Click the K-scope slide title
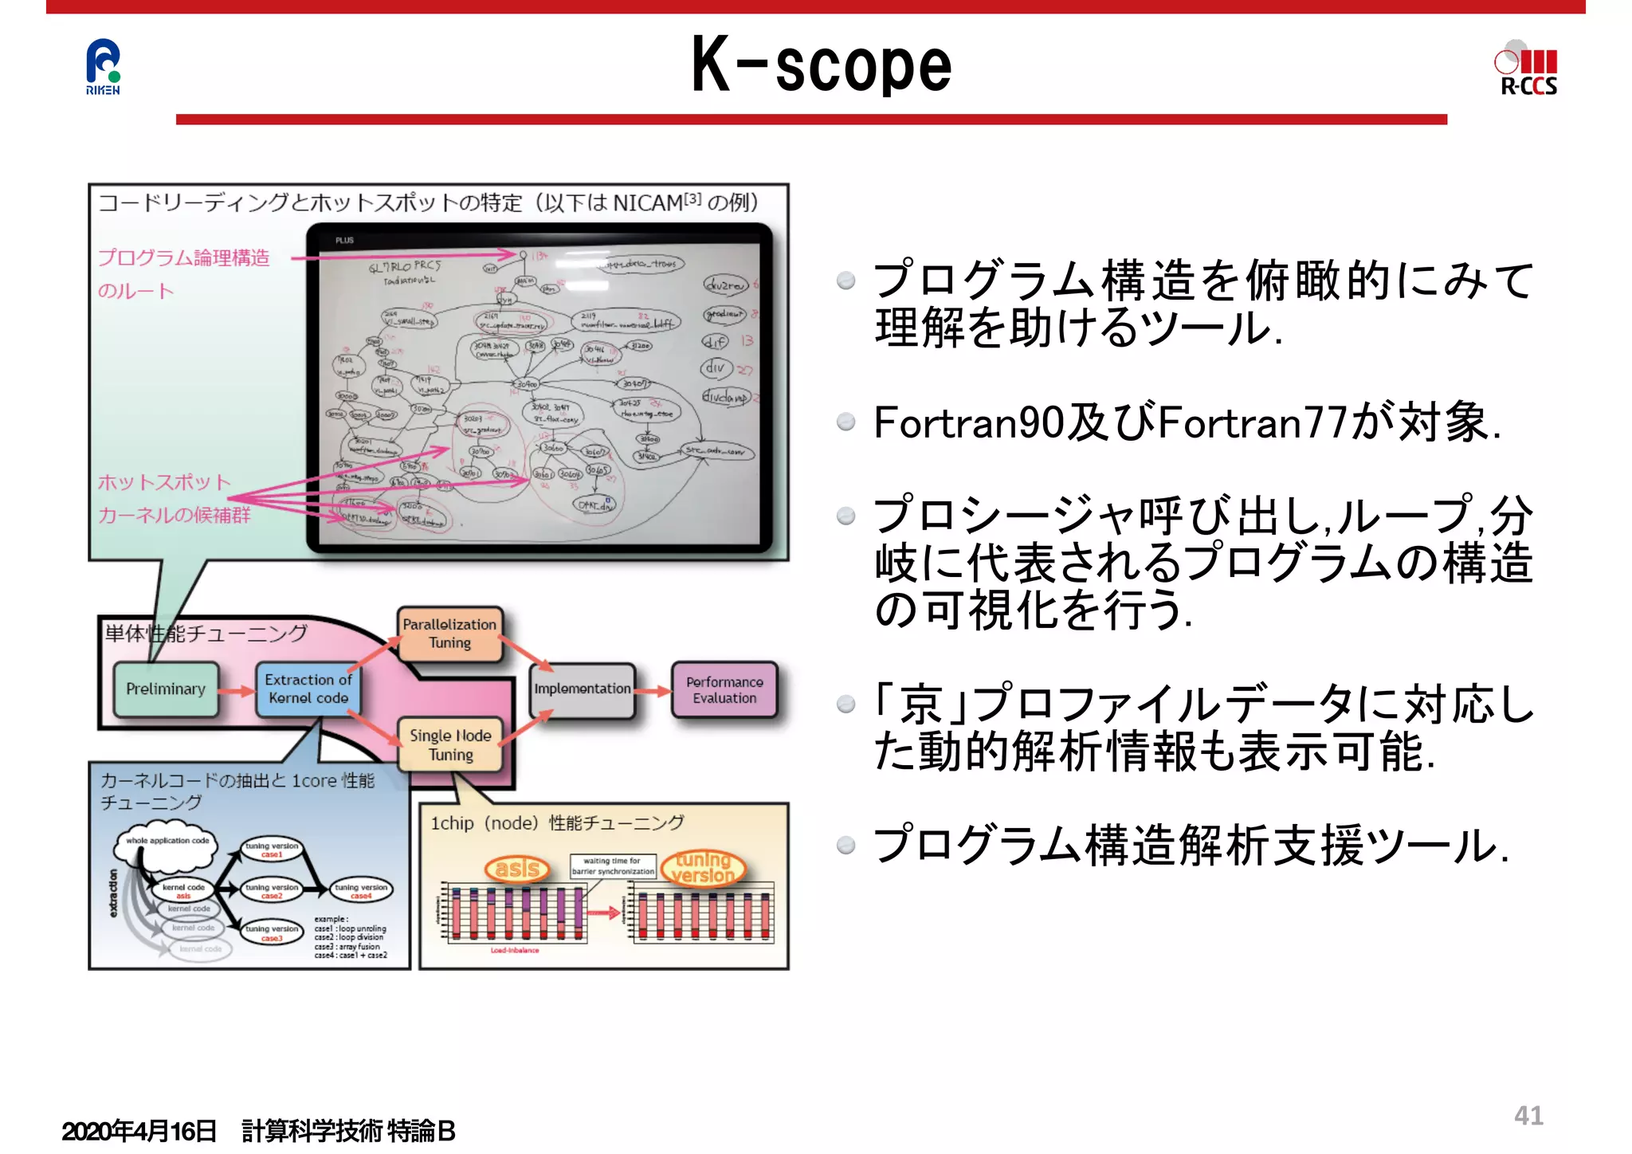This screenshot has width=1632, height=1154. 821,65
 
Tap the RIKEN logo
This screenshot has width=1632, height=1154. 103,67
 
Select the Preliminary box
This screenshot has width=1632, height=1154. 166,689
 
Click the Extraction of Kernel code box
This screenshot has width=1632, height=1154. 308,689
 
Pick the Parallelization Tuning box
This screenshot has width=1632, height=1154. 449,634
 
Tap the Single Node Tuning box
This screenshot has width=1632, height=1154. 450,745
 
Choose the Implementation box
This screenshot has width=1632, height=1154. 583,689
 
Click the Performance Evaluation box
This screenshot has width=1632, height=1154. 724,690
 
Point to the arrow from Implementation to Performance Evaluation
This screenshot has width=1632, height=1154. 653,691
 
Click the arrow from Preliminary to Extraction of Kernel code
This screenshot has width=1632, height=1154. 237,691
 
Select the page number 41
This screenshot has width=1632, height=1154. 1528,1116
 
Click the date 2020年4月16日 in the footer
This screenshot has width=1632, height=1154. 139,1131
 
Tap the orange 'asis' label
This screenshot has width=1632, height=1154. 517,868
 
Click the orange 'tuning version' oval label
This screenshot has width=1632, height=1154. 702,868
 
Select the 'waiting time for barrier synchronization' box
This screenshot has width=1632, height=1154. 613,866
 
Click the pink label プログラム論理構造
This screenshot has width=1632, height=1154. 184,258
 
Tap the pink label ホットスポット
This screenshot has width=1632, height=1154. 164,483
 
